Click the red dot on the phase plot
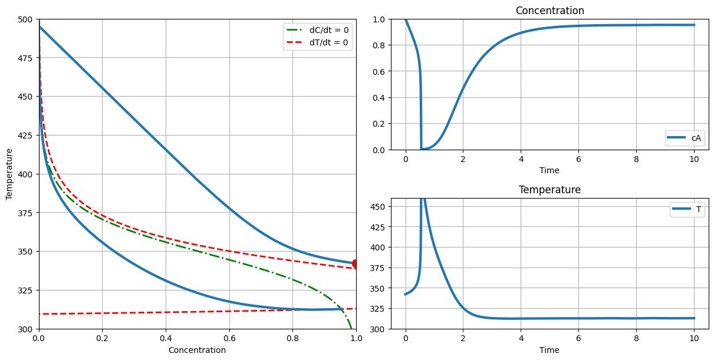356,263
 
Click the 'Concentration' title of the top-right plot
550,11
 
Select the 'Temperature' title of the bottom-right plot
550,190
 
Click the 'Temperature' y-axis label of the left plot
9,174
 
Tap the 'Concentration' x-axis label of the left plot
197,350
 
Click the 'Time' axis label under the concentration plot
550,170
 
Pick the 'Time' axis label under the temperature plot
550,350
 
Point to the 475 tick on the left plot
26,58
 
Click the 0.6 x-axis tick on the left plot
229,338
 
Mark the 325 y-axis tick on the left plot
26,290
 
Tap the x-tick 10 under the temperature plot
694,338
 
